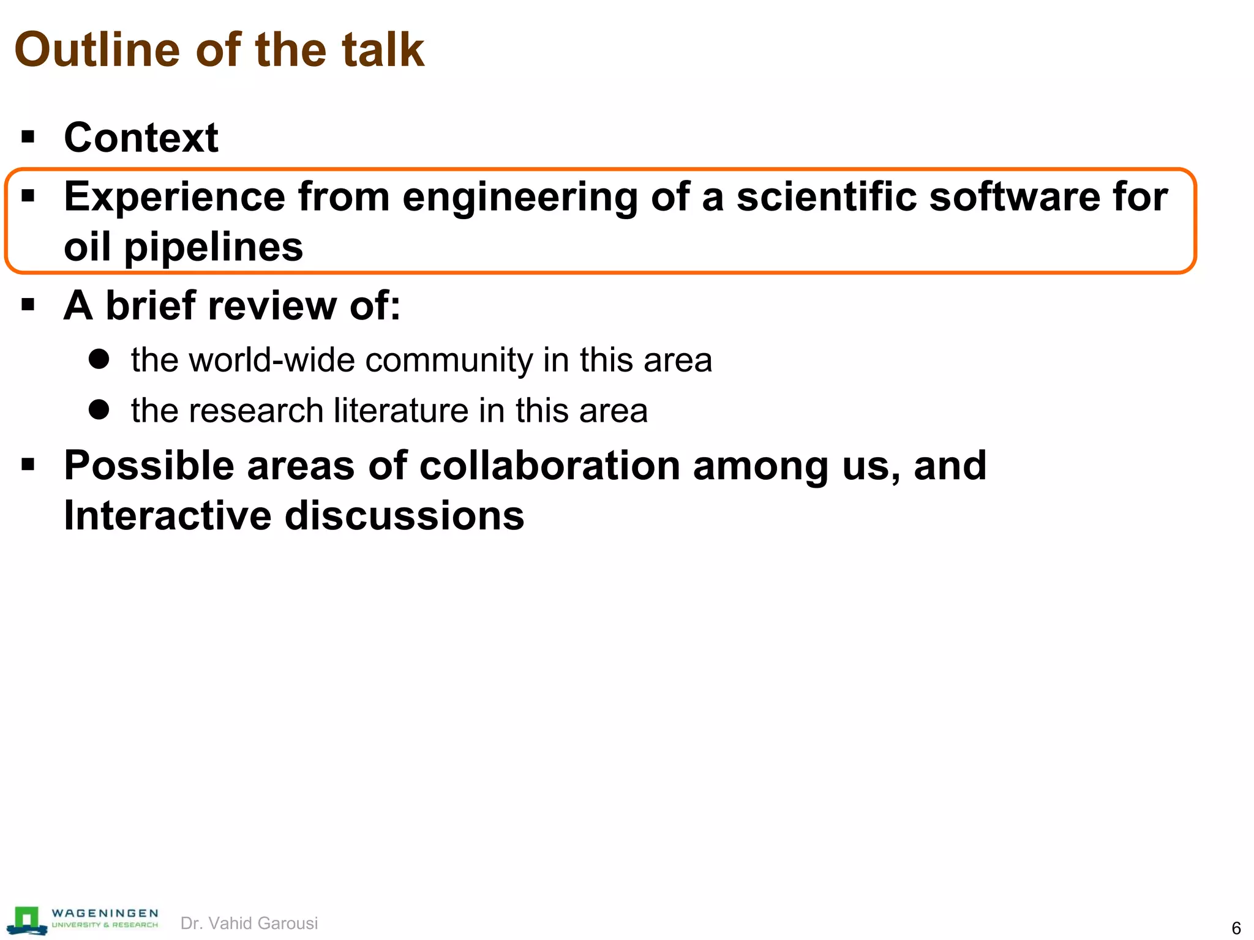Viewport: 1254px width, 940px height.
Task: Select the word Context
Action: (x=141, y=138)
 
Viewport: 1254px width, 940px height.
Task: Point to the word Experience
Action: (x=175, y=197)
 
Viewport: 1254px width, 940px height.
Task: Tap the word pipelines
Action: (x=214, y=248)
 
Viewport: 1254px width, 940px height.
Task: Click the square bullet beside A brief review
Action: (x=28, y=304)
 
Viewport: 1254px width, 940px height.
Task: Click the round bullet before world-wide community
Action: (x=99, y=359)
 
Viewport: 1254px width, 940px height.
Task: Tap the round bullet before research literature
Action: (x=99, y=409)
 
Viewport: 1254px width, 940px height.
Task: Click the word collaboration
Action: (x=550, y=466)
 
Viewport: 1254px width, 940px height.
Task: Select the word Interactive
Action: (x=168, y=516)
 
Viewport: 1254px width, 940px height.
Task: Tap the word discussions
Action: (x=405, y=516)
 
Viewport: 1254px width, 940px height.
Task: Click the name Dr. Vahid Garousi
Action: (x=249, y=923)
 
